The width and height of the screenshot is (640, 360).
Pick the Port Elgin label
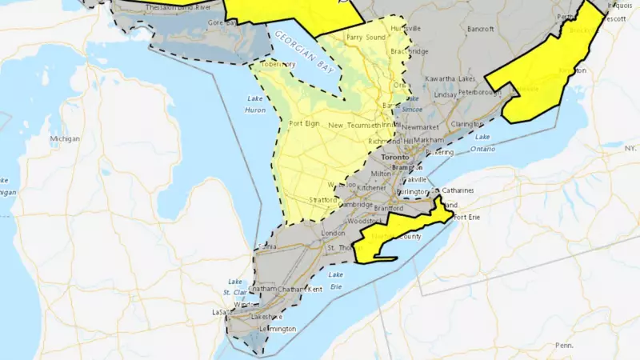coord(304,123)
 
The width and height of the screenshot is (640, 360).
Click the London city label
coord(332,234)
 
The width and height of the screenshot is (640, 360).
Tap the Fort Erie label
coord(466,218)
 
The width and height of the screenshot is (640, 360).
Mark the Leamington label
coord(277,329)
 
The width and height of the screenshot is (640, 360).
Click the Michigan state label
coord(65,138)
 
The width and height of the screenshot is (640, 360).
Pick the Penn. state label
coord(563,345)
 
